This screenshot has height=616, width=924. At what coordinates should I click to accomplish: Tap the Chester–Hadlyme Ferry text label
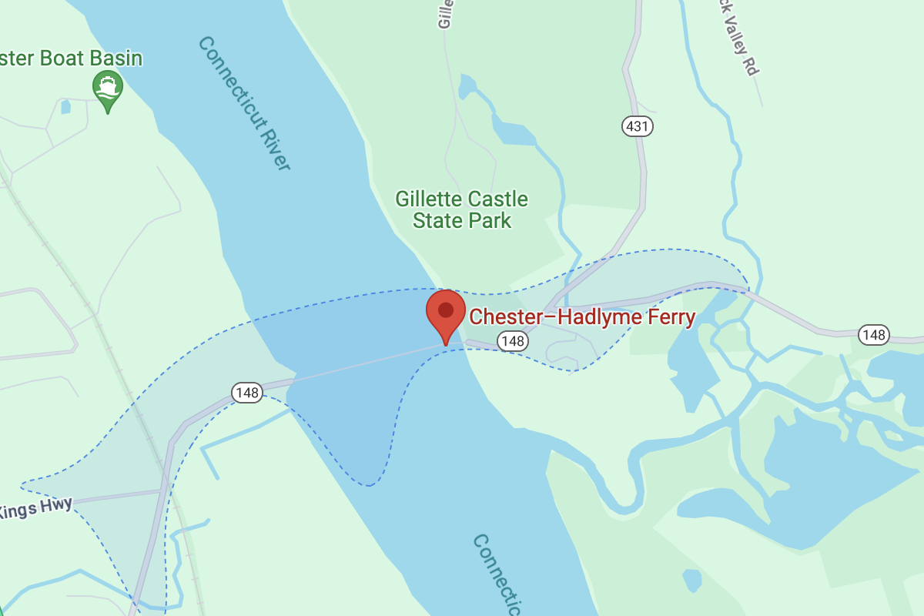point(582,316)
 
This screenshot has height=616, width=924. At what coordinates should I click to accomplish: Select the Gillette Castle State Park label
point(462,210)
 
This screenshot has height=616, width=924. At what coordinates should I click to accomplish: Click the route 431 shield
point(638,126)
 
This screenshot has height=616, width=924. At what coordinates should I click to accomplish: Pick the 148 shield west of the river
point(247,393)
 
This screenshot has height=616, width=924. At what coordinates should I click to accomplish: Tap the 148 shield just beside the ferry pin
point(512,340)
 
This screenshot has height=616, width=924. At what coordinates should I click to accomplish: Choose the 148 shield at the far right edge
point(874,335)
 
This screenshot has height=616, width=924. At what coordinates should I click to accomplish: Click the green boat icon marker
point(108,86)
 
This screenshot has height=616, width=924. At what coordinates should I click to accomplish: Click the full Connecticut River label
point(244,102)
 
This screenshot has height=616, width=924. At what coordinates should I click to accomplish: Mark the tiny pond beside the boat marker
point(65,106)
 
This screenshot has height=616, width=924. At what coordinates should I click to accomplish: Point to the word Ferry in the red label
point(668,316)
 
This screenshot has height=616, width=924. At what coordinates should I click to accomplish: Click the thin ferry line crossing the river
point(362,363)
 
